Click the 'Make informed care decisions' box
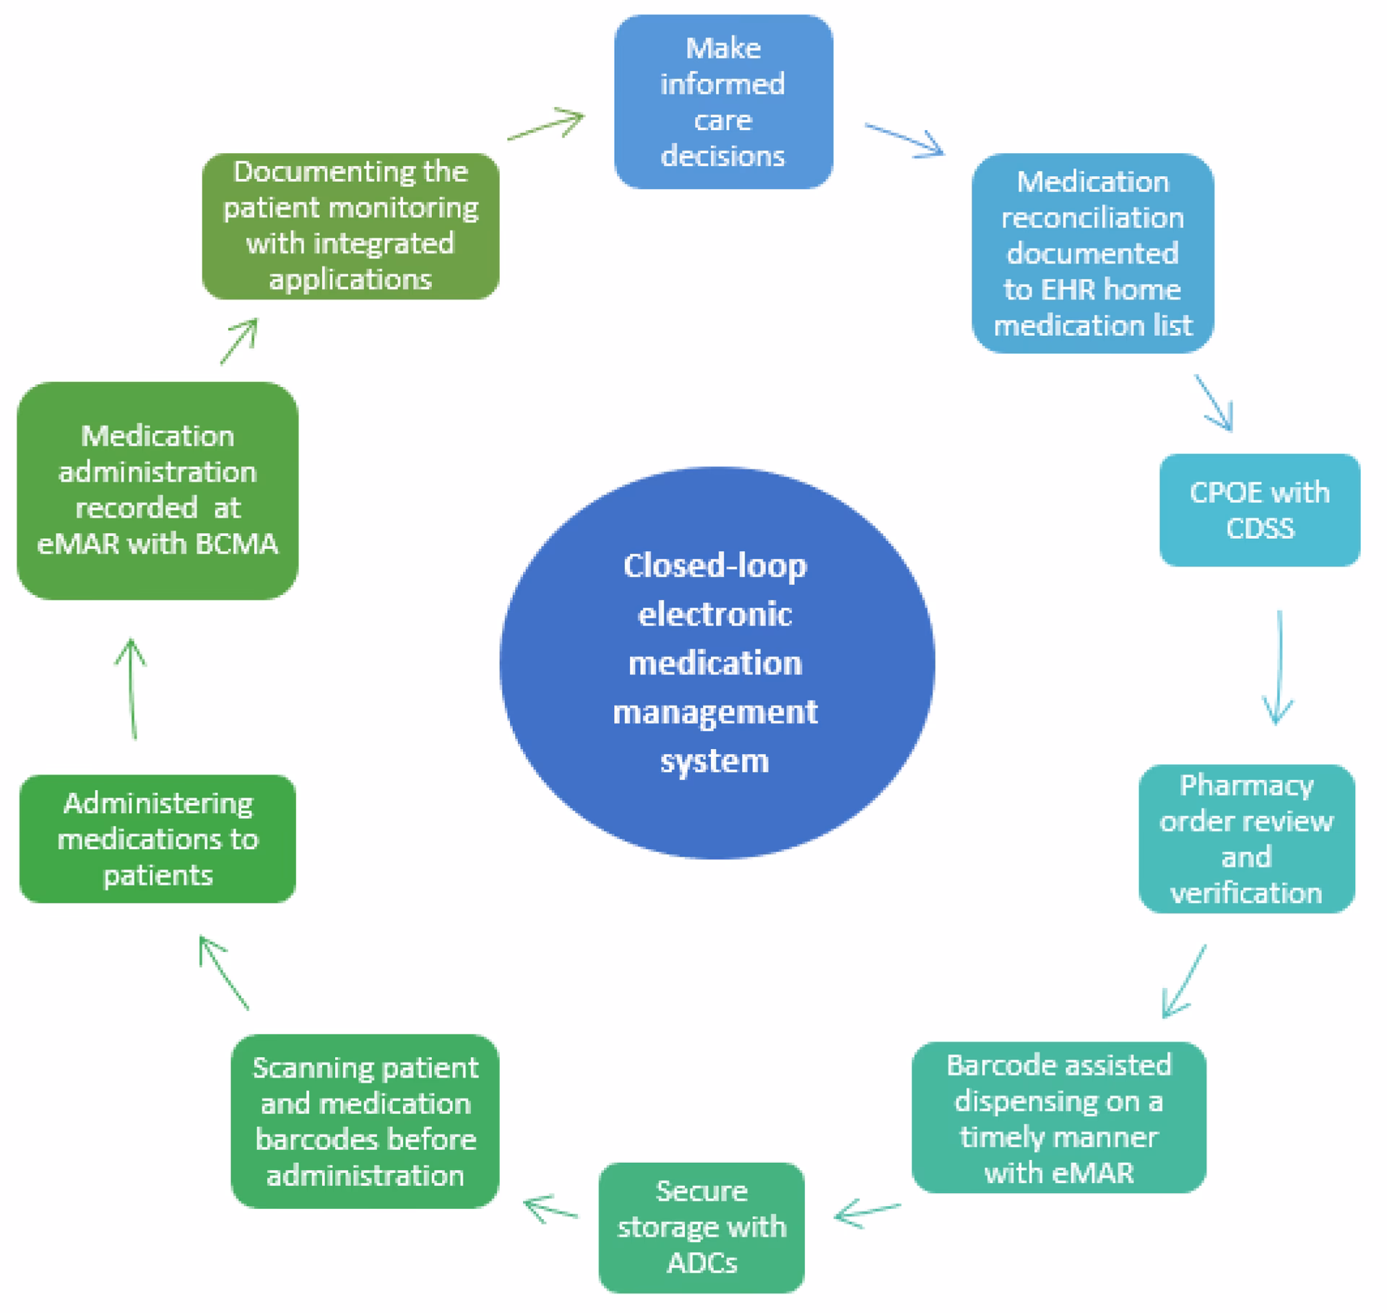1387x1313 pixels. click(723, 102)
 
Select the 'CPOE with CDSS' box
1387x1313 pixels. click(1259, 510)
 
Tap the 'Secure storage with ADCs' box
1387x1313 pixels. click(701, 1227)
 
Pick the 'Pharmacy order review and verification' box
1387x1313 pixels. click(1246, 839)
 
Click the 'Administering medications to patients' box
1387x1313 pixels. click(157, 838)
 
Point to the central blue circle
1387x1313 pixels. click(717, 663)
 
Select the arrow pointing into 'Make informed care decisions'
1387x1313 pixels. click(546, 124)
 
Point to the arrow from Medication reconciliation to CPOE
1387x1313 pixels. click(1214, 402)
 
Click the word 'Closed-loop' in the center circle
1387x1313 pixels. click(714, 565)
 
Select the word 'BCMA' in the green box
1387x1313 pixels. click(236, 544)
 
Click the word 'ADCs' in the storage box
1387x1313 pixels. click(701, 1262)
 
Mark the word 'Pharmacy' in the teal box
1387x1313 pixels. click(1246, 786)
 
